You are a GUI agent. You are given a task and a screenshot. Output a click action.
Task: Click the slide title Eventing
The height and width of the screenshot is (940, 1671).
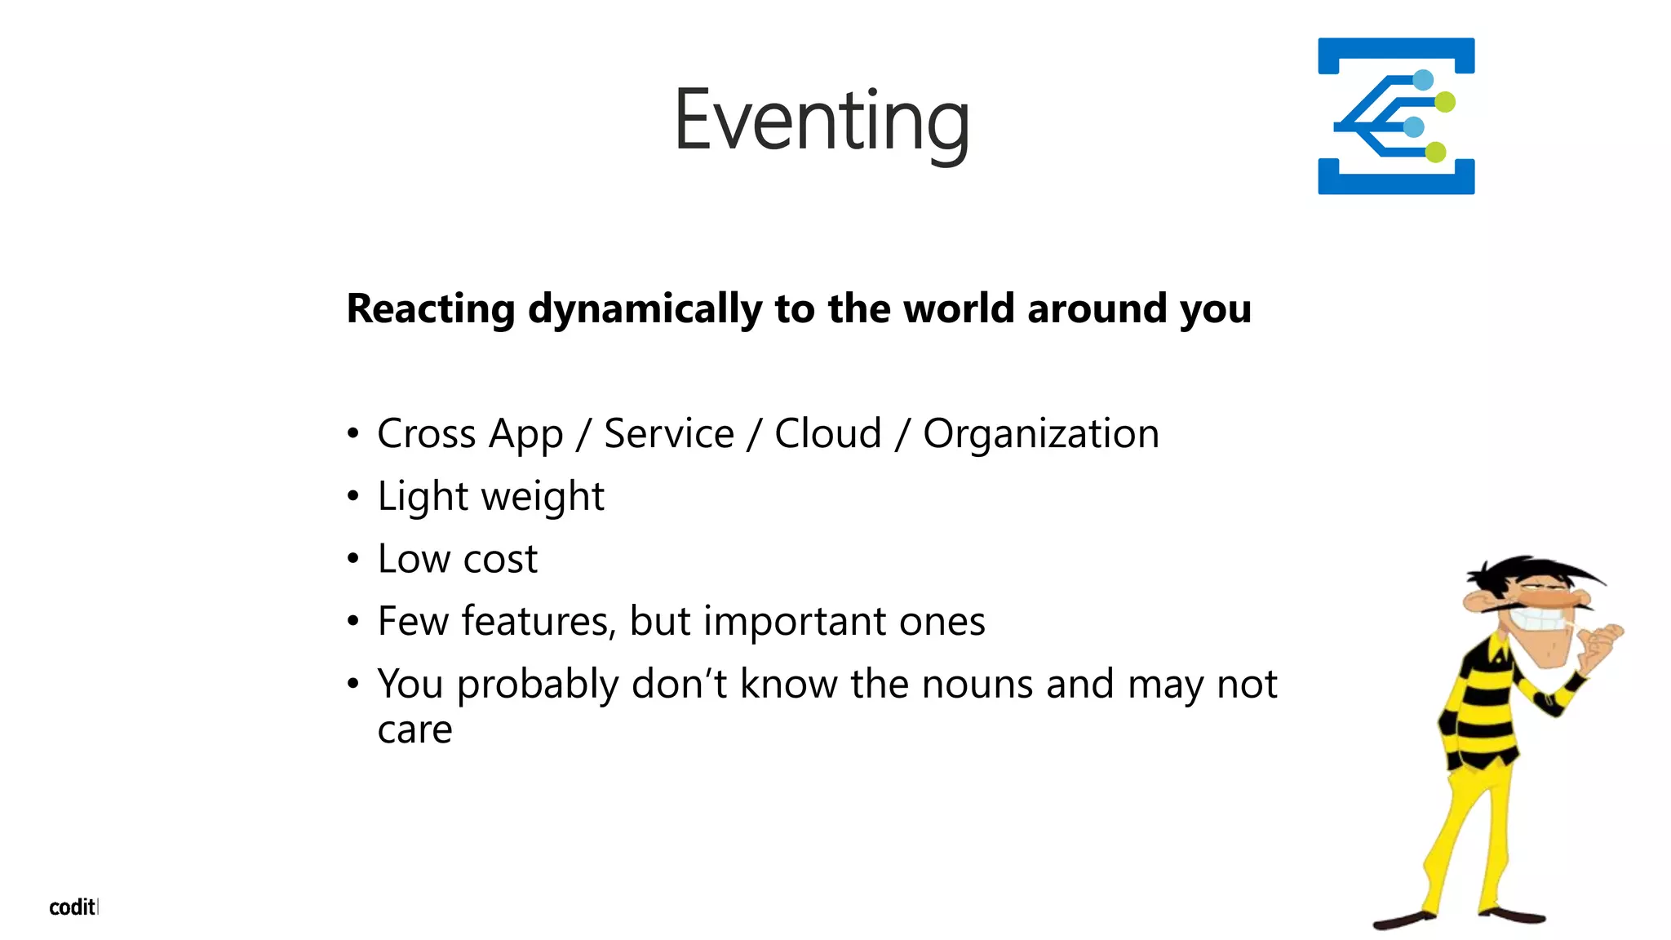tap(822, 121)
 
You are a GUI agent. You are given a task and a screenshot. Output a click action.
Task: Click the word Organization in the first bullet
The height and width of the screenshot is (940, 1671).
tap(1040, 434)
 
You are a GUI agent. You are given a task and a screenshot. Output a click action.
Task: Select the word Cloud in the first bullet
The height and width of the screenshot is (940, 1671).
tap(827, 433)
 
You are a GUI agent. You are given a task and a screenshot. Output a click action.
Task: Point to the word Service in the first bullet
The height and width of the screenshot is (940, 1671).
tap(668, 433)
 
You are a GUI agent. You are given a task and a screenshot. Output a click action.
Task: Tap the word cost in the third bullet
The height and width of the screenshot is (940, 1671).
tap(500, 560)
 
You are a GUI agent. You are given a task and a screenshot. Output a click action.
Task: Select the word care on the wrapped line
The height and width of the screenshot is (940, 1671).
tap(414, 729)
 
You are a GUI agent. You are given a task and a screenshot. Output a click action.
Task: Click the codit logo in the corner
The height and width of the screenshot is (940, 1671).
tap(73, 907)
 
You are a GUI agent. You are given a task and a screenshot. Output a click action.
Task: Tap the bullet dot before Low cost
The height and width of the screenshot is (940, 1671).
tap(352, 559)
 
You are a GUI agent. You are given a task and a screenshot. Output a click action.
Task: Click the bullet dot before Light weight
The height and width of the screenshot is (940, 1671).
tap(352, 496)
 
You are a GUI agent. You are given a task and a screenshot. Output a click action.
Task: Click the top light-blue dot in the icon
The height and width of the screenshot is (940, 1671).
tap(1423, 80)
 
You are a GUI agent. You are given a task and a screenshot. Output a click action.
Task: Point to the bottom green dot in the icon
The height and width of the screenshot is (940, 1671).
tap(1436, 152)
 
